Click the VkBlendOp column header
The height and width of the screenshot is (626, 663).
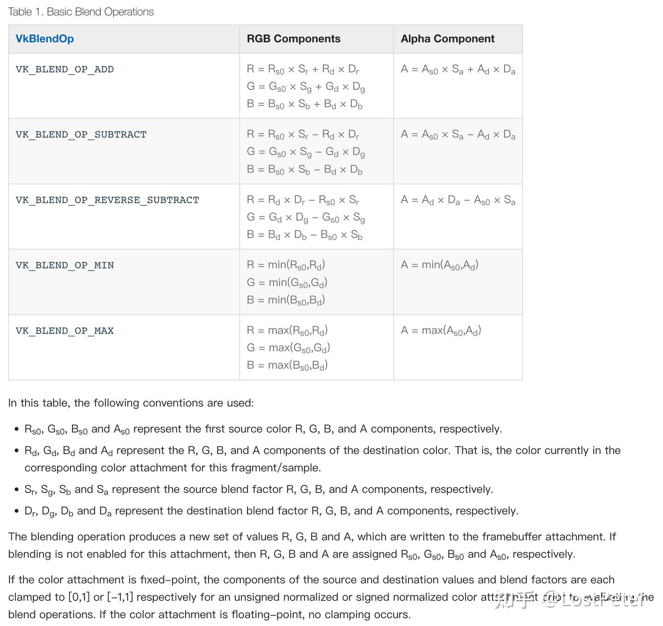coord(45,39)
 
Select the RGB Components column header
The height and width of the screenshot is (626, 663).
coord(293,39)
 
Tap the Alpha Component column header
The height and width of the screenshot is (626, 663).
coord(447,39)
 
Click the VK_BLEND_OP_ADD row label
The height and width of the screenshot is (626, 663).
coord(64,70)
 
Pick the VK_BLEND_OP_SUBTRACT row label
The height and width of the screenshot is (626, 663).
coord(81,135)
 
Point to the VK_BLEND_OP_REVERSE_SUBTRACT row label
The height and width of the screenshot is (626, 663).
coord(107,200)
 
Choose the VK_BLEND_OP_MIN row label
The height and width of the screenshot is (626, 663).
coord(64,266)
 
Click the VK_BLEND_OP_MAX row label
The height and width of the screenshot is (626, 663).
coord(64,331)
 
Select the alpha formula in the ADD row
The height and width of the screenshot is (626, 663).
coord(458,70)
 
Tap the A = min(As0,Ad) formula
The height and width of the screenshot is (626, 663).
coord(439,265)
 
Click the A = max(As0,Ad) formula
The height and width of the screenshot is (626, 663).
coord(441,330)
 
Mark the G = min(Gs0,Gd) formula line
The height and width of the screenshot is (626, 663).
coord(287,283)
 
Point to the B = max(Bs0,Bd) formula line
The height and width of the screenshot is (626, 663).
coord(287,365)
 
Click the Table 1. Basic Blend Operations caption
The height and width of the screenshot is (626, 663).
coord(81,12)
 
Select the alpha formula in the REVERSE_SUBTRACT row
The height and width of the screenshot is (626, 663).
coord(458,200)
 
